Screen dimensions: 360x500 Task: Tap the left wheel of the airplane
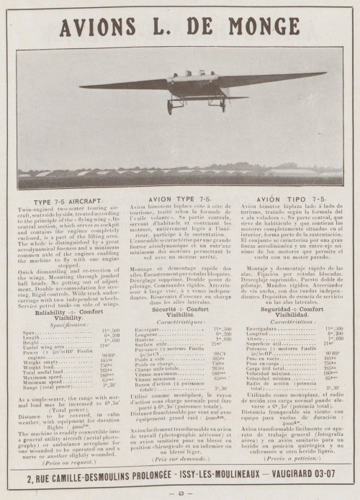[170, 108]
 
